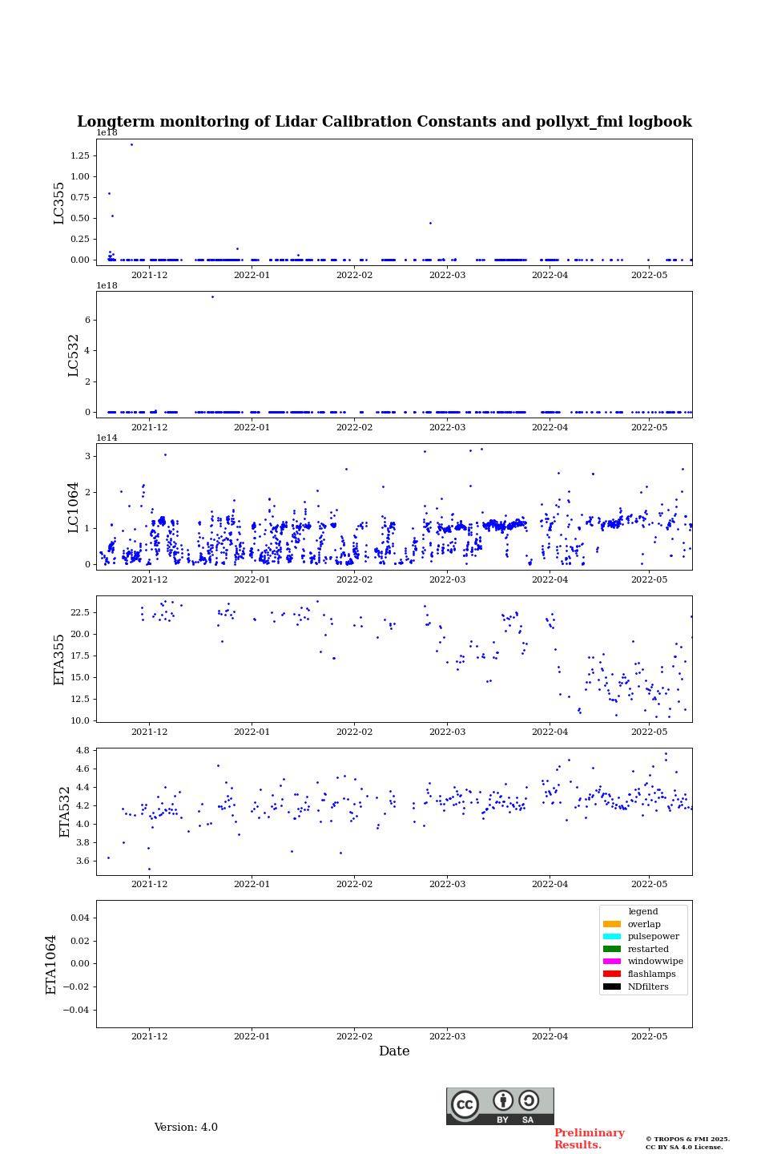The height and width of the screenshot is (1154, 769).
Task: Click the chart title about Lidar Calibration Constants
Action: [384, 122]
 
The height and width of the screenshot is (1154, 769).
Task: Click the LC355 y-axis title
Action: [59, 203]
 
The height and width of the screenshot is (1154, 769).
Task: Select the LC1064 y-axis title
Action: [74, 507]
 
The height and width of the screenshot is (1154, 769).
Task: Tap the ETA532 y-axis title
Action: [66, 812]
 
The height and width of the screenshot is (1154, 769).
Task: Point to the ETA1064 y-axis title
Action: [51, 964]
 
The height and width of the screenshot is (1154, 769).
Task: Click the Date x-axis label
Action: [394, 1051]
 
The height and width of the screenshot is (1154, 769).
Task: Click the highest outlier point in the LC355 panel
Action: [131, 145]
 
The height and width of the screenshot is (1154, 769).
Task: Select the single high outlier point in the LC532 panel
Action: [212, 297]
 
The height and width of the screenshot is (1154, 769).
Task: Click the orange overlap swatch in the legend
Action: [612, 924]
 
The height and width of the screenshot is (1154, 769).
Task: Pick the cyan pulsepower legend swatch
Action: [612, 937]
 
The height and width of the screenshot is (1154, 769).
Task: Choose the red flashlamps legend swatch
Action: [612, 974]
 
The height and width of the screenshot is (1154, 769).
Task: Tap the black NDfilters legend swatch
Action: [612, 987]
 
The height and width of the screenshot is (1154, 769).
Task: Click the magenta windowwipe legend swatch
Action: [612, 962]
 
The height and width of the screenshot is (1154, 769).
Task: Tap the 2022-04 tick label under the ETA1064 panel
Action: [550, 1037]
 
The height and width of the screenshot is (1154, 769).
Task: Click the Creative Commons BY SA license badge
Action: [500, 1106]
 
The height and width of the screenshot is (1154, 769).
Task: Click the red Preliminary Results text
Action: [589, 1139]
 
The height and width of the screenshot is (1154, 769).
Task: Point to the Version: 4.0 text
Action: [186, 1128]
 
